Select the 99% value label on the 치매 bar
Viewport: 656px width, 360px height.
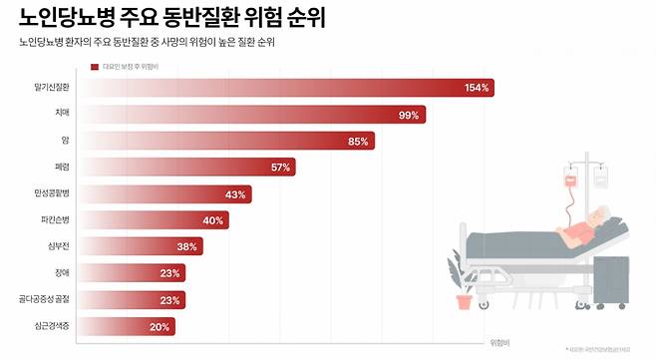pyautogui.click(x=408, y=115)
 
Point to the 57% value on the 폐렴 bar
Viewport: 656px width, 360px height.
pyautogui.click(x=280, y=168)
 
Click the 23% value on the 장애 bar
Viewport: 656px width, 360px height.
pyautogui.click(x=169, y=272)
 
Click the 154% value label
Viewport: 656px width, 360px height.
pyautogui.click(x=477, y=88)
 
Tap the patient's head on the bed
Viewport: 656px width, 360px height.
pyautogui.click(x=598, y=216)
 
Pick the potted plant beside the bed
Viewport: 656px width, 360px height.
pyautogui.click(x=464, y=296)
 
